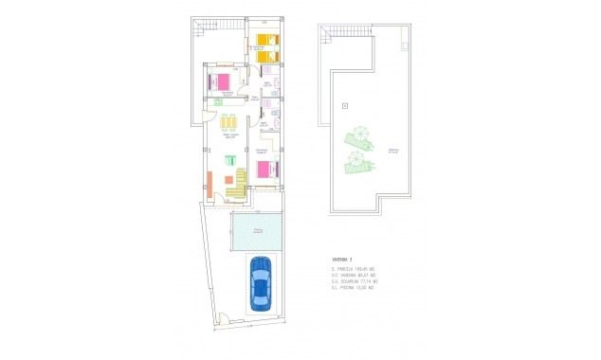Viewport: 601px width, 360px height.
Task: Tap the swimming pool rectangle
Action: click(x=256, y=232)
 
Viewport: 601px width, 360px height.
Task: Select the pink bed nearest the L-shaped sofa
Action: click(x=265, y=171)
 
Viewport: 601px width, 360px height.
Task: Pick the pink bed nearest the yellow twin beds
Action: click(x=224, y=81)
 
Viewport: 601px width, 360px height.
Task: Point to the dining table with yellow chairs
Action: click(x=228, y=124)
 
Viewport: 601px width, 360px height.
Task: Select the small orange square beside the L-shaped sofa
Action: click(x=228, y=180)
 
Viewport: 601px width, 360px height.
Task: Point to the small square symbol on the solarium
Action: click(x=345, y=104)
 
